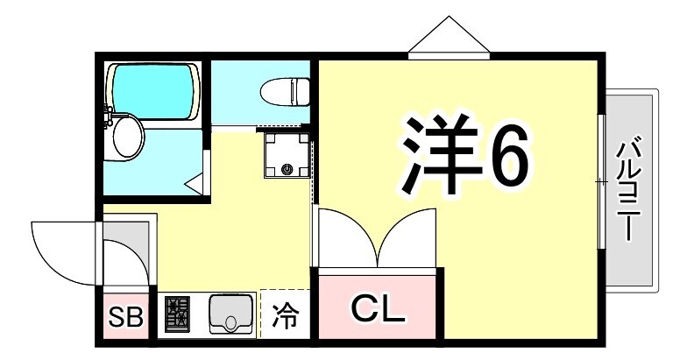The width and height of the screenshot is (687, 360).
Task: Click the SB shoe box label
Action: (x=125, y=317)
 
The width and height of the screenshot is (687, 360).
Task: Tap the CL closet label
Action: (x=377, y=307)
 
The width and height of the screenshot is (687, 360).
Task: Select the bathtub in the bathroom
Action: (x=152, y=91)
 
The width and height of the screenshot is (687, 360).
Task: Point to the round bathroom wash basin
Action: (x=127, y=138)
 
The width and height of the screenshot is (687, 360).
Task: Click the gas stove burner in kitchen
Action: (x=178, y=314)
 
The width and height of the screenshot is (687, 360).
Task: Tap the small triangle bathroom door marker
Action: (x=194, y=183)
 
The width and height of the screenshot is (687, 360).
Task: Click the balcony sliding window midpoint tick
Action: (x=601, y=180)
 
